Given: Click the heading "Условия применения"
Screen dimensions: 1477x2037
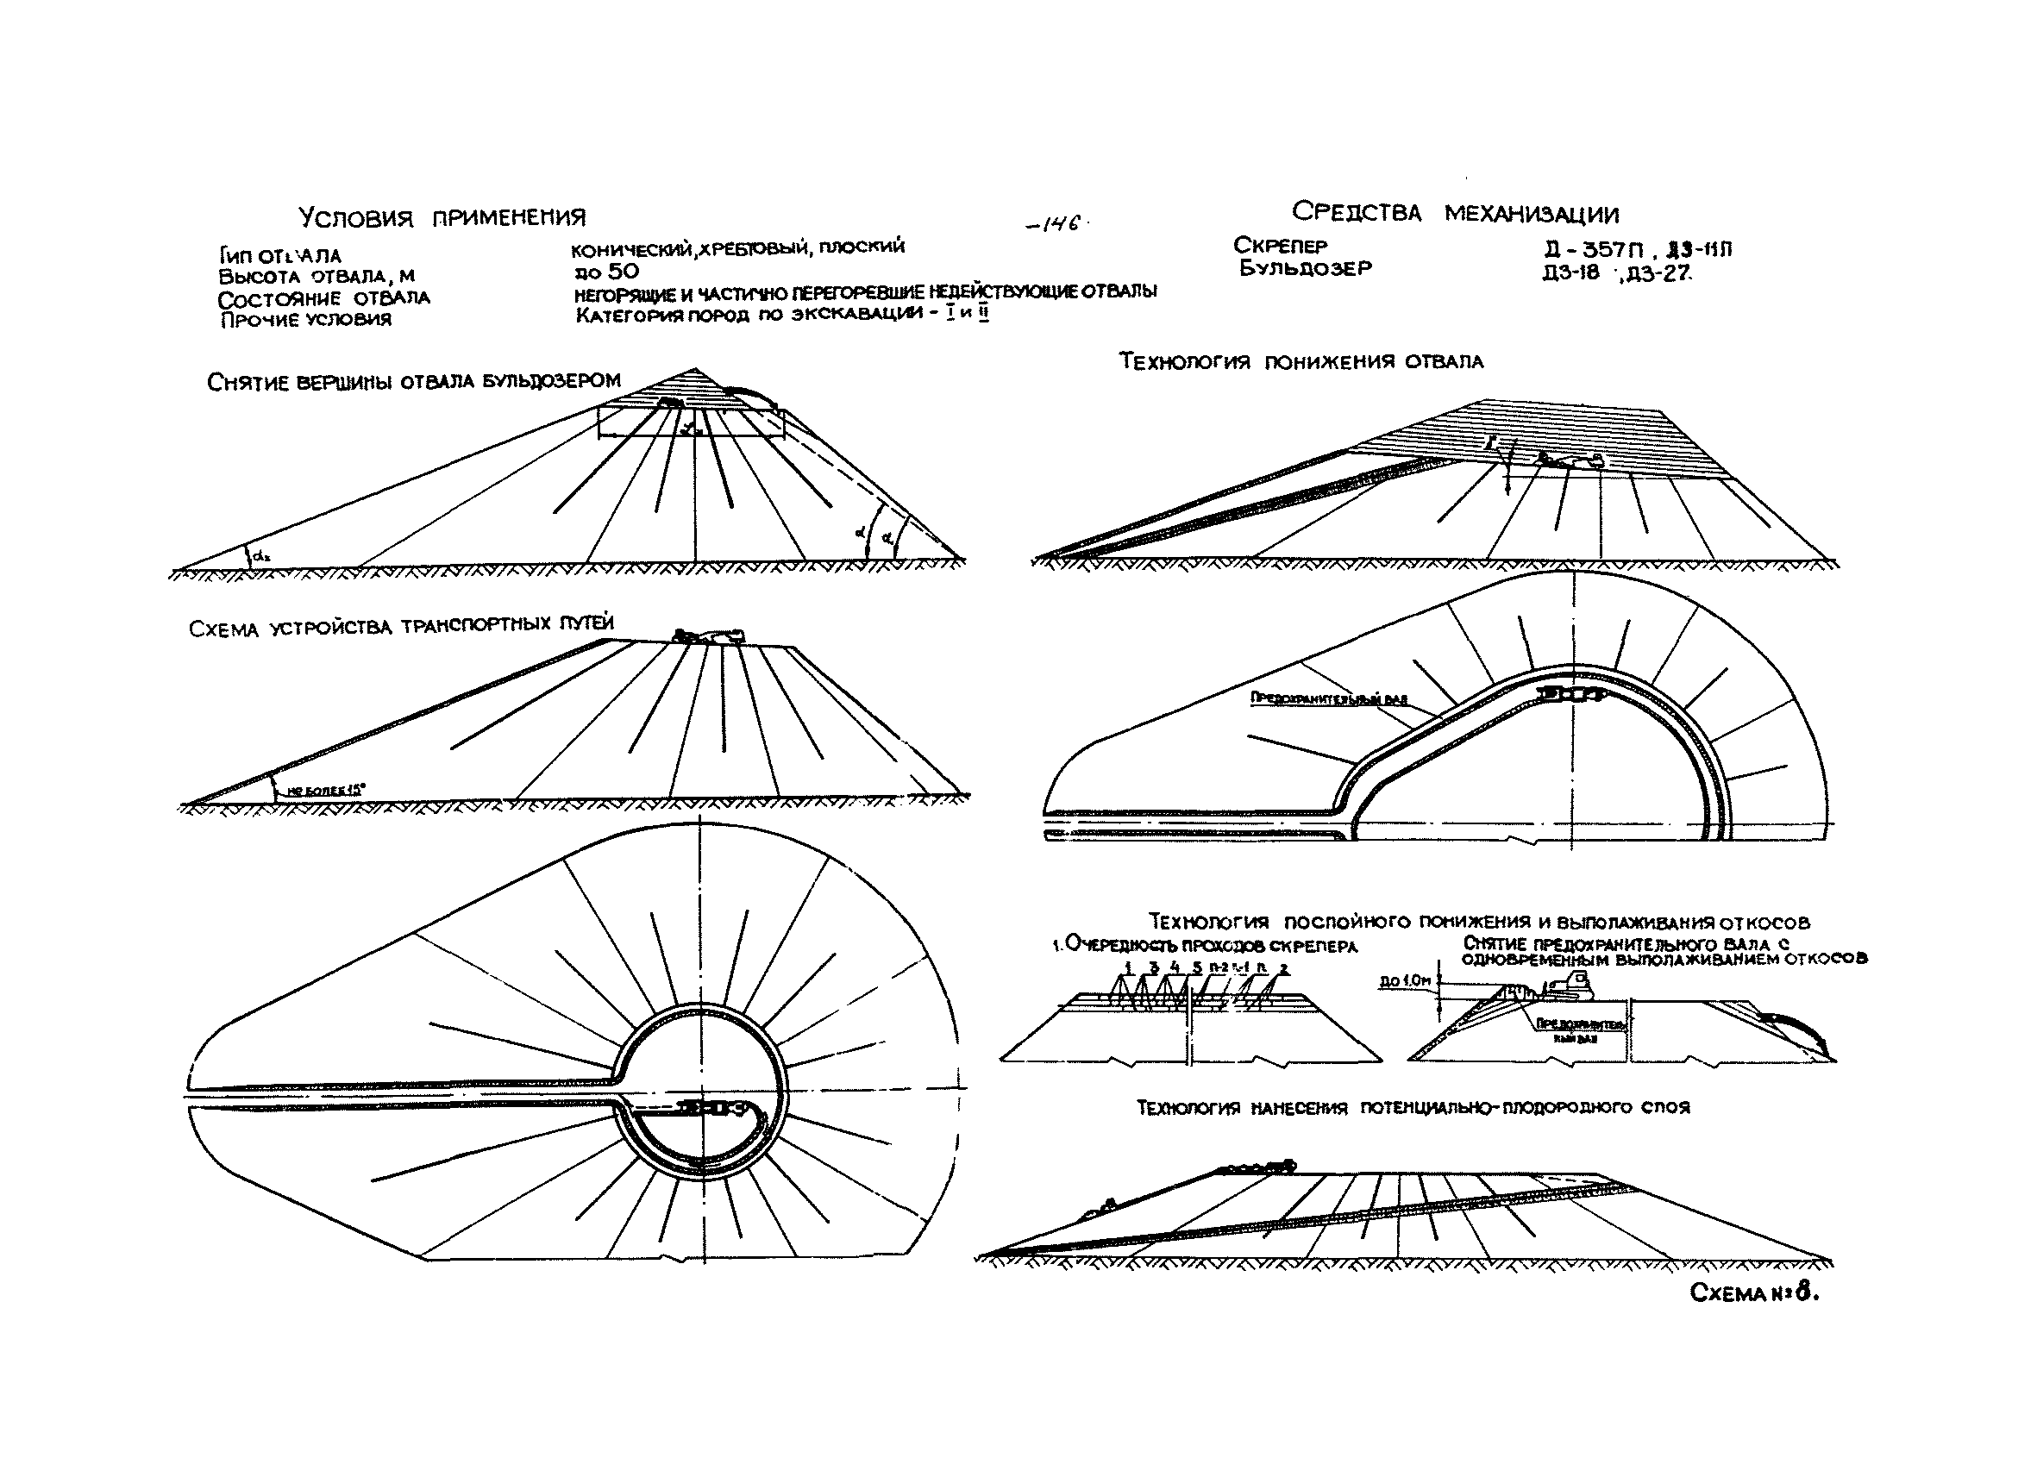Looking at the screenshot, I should (442, 218).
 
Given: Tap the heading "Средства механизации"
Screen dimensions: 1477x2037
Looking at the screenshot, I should (1455, 214).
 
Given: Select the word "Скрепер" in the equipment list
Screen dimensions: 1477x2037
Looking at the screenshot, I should (1280, 245).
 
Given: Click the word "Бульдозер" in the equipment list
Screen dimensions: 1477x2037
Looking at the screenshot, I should (1305, 267).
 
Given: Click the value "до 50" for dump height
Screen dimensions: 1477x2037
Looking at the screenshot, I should (607, 271).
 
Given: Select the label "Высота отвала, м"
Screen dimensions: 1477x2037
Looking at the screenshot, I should (317, 277).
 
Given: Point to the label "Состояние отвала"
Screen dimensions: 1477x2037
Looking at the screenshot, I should (323, 298).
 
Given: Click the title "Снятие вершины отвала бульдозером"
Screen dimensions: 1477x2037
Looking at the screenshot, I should (413, 381).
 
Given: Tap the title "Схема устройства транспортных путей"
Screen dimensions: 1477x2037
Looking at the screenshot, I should (402, 626).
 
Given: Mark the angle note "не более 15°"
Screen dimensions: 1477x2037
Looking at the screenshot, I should (325, 790).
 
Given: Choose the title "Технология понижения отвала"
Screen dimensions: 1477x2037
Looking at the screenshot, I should (1301, 361).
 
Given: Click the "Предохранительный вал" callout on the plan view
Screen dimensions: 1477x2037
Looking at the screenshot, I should (1328, 698).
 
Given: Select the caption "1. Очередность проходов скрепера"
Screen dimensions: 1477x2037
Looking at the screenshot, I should (1205, 946).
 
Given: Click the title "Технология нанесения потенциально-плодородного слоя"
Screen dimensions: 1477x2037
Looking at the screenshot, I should (1413, 1108).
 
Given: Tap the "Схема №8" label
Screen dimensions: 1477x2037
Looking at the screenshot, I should (1754, 1293).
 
